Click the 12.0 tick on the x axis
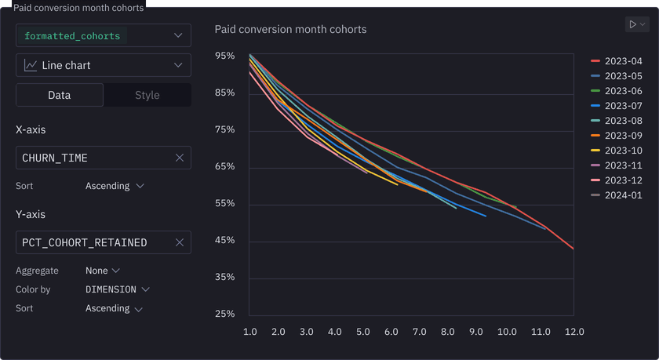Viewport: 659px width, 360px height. point(574,332)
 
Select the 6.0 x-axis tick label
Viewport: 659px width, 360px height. point(390,332)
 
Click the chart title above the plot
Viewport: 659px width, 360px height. point(290,30)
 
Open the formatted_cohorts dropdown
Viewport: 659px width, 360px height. point(103,36)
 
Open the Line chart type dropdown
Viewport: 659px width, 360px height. point(103,65)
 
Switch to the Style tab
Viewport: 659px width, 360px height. point(147,95)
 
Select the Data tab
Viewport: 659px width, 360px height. point(60,95)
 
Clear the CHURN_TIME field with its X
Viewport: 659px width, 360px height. point(180,158)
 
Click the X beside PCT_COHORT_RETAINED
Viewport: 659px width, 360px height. point(180,242)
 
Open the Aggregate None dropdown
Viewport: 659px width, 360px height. point(103,271)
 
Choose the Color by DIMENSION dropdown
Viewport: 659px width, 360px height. point(117,289)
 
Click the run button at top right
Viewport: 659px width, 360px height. point(636,25)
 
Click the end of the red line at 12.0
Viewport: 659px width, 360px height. point(573,249)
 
